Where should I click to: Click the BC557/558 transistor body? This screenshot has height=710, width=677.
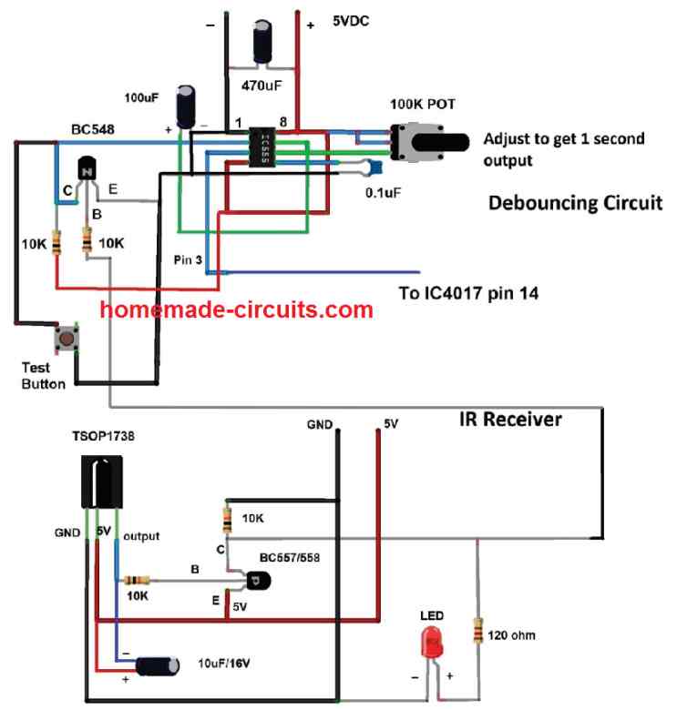pyautogui.click(x=258, y=578)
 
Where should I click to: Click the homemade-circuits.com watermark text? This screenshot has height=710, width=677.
pyautogui.click(x=237, y=309)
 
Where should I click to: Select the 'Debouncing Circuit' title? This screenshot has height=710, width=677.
pyautogui.click(x=575, y=202)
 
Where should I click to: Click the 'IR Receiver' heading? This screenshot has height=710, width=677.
pyautogui.click(x=510, y=420)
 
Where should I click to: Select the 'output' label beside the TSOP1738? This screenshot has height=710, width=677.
pyautogui.click(x=140, y=536)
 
